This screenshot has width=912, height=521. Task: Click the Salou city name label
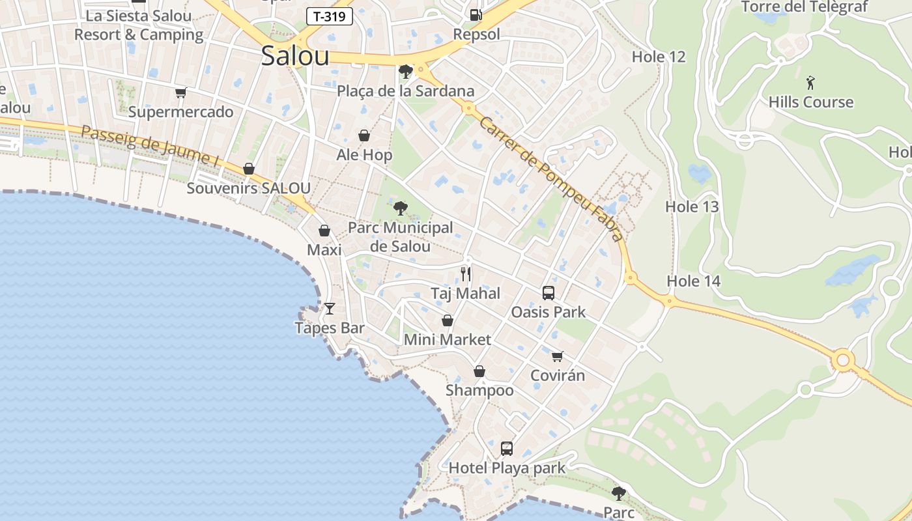pyautogui.click(x=295, y=56)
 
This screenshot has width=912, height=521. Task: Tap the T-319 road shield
pyautogui.click(x=330, y=17)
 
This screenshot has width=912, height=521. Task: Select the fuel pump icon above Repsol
pyautogui.click(x=476, y=14)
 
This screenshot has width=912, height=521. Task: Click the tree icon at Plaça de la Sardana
pyautogui.click(x=406, y=71)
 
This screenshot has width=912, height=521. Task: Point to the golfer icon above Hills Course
pyautogui.click(x=810, y=83)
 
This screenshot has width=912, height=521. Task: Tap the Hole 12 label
pyautogui.click(x=659, y=57)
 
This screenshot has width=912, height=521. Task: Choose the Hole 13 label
pyautogui.click(x=692, y=207)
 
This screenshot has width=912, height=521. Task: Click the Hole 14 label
pyautogui.click(x=694, y=281)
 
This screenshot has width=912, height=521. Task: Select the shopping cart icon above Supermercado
pyautogui.click(x=180, y=93)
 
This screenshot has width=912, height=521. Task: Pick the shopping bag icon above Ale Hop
pyautogui.click(x=364, y=135)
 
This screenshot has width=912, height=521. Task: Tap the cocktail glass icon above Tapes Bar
pyautogui.click(x=330, y=308)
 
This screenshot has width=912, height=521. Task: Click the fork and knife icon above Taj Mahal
pyautogui.click(x=465, y=274)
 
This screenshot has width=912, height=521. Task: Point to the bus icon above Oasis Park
pyautogui.click(x=549, y=293)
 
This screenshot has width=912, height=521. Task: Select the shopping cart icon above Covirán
pyautogui.click(x=557, y=356)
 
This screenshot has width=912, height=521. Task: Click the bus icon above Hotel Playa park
pyautogui.click(x=507, y=448)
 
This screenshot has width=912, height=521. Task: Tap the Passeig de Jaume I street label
pyautogui.click(x=150, y=145)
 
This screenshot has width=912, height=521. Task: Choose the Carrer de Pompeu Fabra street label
pyautogui.click(x=550, y=176)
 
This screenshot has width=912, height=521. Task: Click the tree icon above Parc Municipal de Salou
pyautogui.click(x=400, y=208)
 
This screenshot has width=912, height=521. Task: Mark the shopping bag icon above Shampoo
pyautogui.click(x=479, y=371)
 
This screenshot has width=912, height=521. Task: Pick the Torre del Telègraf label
pyautogui.click(x=805, y=7)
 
